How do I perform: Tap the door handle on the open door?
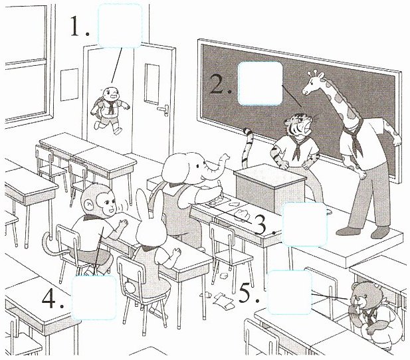(x=163, y=110)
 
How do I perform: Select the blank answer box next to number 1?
(x=120, y=26)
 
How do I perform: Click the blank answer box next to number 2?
(x=260, y=84)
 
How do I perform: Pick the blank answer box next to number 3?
(x=304, y=225)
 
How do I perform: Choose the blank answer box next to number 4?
(x=94, y=298)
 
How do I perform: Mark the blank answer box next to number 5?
(x=290, y=292)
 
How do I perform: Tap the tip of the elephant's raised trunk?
(x=225, y=157)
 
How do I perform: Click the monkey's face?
(x=108, y=202)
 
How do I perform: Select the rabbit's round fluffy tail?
(x=130, y=287)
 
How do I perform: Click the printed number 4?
(x=49, y=299)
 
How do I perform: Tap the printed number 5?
(x=245, y=294)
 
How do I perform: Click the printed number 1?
(x=76, y=25)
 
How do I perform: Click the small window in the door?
(x=152, y=84)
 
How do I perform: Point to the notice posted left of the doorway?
(x=70, y=84)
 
